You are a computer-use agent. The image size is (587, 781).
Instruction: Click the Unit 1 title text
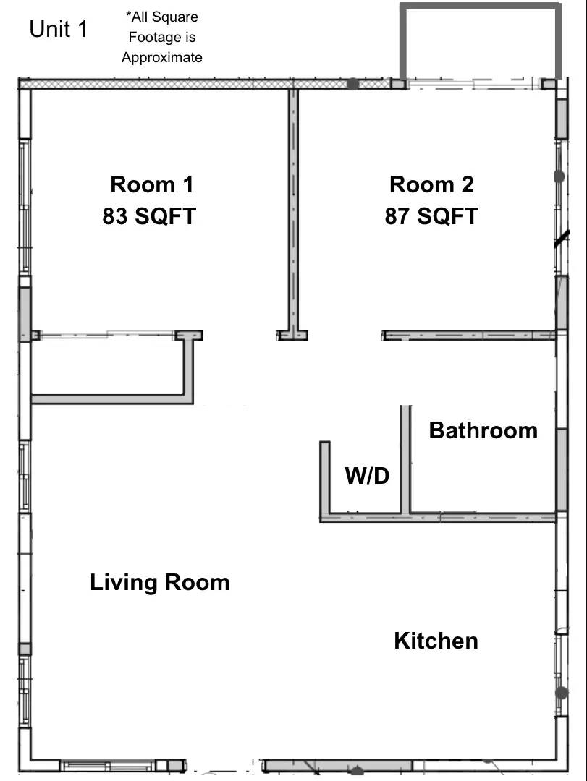pyautogui.click(x=59, y=30)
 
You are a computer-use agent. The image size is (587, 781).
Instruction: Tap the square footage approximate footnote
pyautogui.click(x=162, y=37)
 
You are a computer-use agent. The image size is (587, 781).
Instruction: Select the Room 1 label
pyautogui.click(x=152, y=184)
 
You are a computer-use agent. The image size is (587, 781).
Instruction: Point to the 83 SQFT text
pyautogui.click(x=149, y=216)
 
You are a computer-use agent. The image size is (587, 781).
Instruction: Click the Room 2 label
pyautogui.click(x=431, y=184)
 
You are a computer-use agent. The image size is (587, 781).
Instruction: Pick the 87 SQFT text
pyautogui.click(x=431, y=216)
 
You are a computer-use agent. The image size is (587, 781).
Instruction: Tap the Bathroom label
pyautogui.click(x=483, y=430)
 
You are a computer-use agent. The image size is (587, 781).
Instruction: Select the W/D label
pyautogui.click(x=367, y=476)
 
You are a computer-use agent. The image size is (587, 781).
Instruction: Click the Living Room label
pyautogui.click(x=159, y=582)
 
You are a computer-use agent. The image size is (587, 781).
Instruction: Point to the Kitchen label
pyautogui.click(x=436, y=641)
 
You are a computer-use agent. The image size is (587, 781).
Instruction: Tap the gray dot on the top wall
pyautogui.click(x=352, y=84)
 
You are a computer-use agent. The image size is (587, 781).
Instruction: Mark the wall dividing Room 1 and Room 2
pyautogui.click(x=293, y=210)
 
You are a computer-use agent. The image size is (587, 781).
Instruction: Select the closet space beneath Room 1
pyautogui.click(x=109, y=366)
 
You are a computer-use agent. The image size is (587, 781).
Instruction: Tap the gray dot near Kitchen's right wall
pyautogui.click(x=562, y=693)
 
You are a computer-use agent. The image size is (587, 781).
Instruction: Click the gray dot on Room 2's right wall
pyautogui.click(x=559, y=176)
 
